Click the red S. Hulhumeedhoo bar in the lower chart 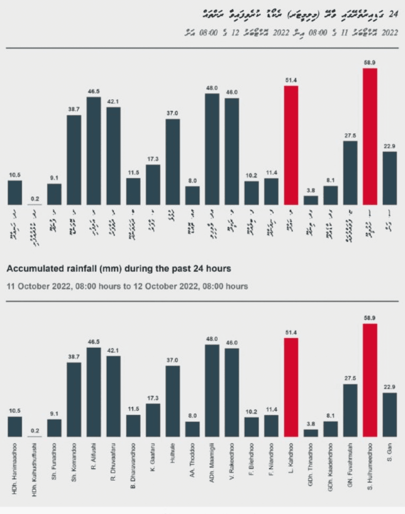(x=370, y=380)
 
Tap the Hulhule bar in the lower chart (x=173, y=401)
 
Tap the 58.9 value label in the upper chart (x=370, y=63)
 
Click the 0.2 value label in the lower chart (x=35, y=430)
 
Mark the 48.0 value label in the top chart (x=212, y=88)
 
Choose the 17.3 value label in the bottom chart (x=153, y=398)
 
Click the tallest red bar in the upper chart (x=370, y=136)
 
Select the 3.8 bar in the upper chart (x=311, y=200)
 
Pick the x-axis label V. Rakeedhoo (x=232, y=461)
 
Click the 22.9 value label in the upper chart (x=389, y=146)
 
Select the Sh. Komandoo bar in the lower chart (x=74, y=399)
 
